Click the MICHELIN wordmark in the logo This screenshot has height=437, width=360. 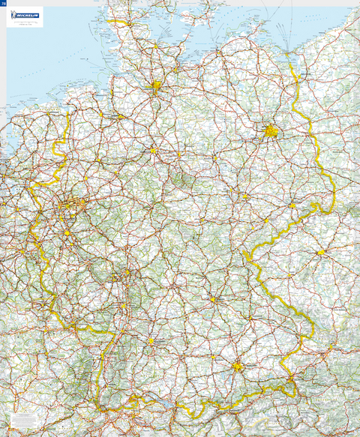[28, 13]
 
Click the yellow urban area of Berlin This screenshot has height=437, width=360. [271, 133]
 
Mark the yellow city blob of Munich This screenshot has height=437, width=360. [238, 367]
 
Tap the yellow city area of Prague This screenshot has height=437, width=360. [320, 253]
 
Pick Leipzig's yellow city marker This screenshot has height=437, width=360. [244, 196]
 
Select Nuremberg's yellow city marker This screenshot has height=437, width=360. [213, 299]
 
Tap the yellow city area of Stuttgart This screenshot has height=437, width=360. [151, 341]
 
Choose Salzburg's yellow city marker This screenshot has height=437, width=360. [292, 386]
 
